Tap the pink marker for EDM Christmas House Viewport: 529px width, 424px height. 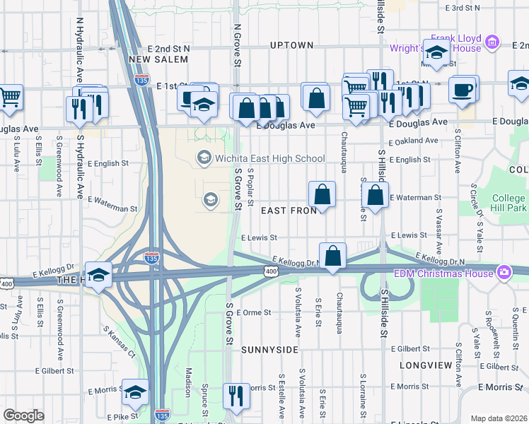pyautogui.click(x=504, y=272)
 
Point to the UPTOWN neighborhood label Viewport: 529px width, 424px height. pyautogui.click(x=291, y=45)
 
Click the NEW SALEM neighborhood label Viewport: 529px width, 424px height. pyautogui.click(x=159, y=59)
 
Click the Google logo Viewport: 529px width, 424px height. pyautogui.click(x=23, y=416)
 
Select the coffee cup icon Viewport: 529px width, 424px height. pyautogui.click(x=463, y=89)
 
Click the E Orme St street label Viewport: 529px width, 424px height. pyautogui.click(x=255, y=312)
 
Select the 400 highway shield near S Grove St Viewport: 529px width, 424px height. pyautogui.click(x=270, y=271)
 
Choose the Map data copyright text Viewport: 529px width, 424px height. pyautogui.click(x=498, y=418)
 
